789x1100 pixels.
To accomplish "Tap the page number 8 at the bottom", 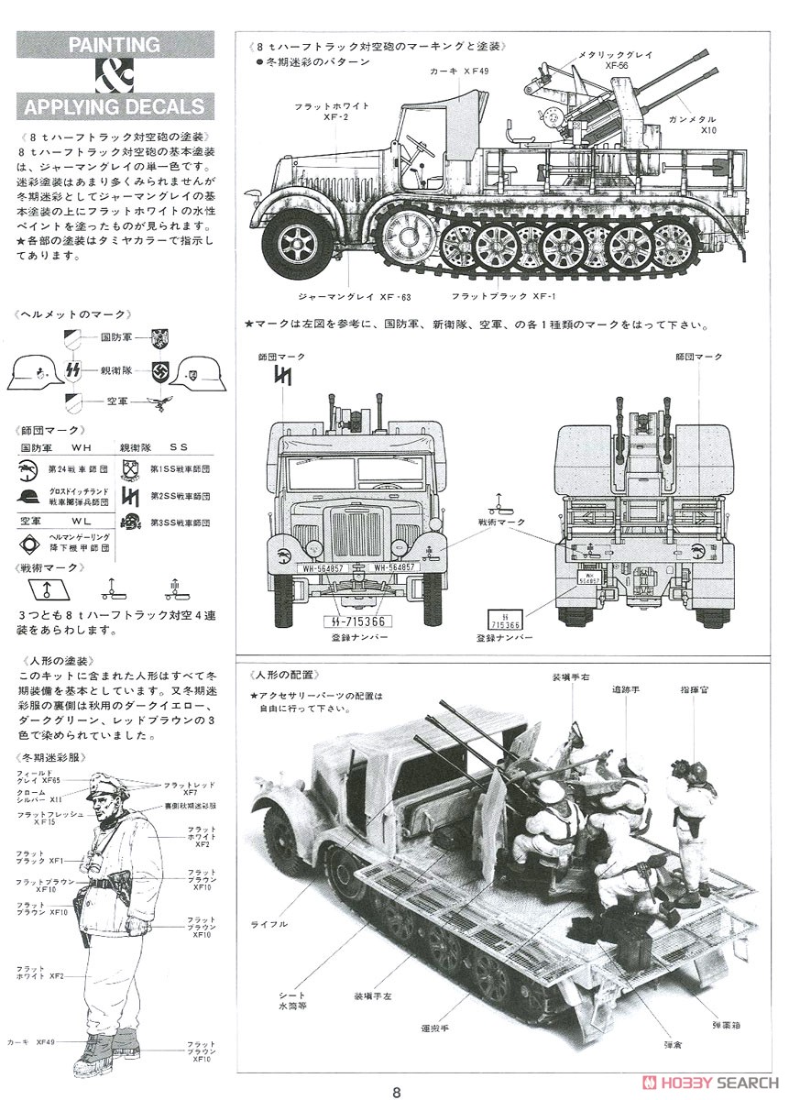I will click(x=396, y=1091).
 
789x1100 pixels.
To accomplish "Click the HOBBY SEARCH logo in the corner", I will click(x=709, y=1080).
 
